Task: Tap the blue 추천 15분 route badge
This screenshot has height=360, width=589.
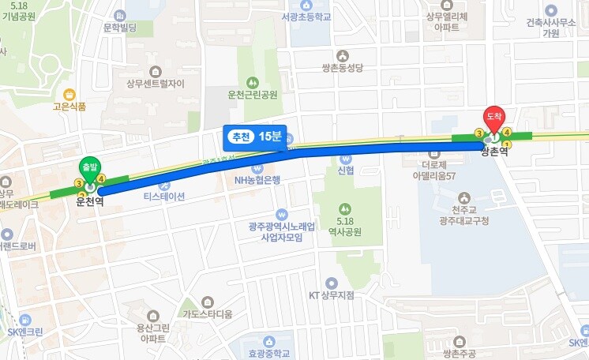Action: tap(253, 137)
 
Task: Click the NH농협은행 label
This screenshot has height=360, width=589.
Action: tap(257, 179)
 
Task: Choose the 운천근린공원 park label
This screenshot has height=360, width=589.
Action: tap(253, 95)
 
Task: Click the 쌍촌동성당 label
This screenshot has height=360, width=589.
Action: tap(342, 69)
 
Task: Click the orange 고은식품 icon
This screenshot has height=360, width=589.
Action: tap(69, 94)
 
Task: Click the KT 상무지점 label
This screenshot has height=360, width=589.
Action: tap(332, 295)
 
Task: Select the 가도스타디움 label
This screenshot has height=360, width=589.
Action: tap(207, 313)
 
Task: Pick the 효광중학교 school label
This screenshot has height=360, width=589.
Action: tap(269, 354)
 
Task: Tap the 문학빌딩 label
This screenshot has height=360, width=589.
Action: tap(120, 28)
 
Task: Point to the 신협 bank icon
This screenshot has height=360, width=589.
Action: tap(346, 158)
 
